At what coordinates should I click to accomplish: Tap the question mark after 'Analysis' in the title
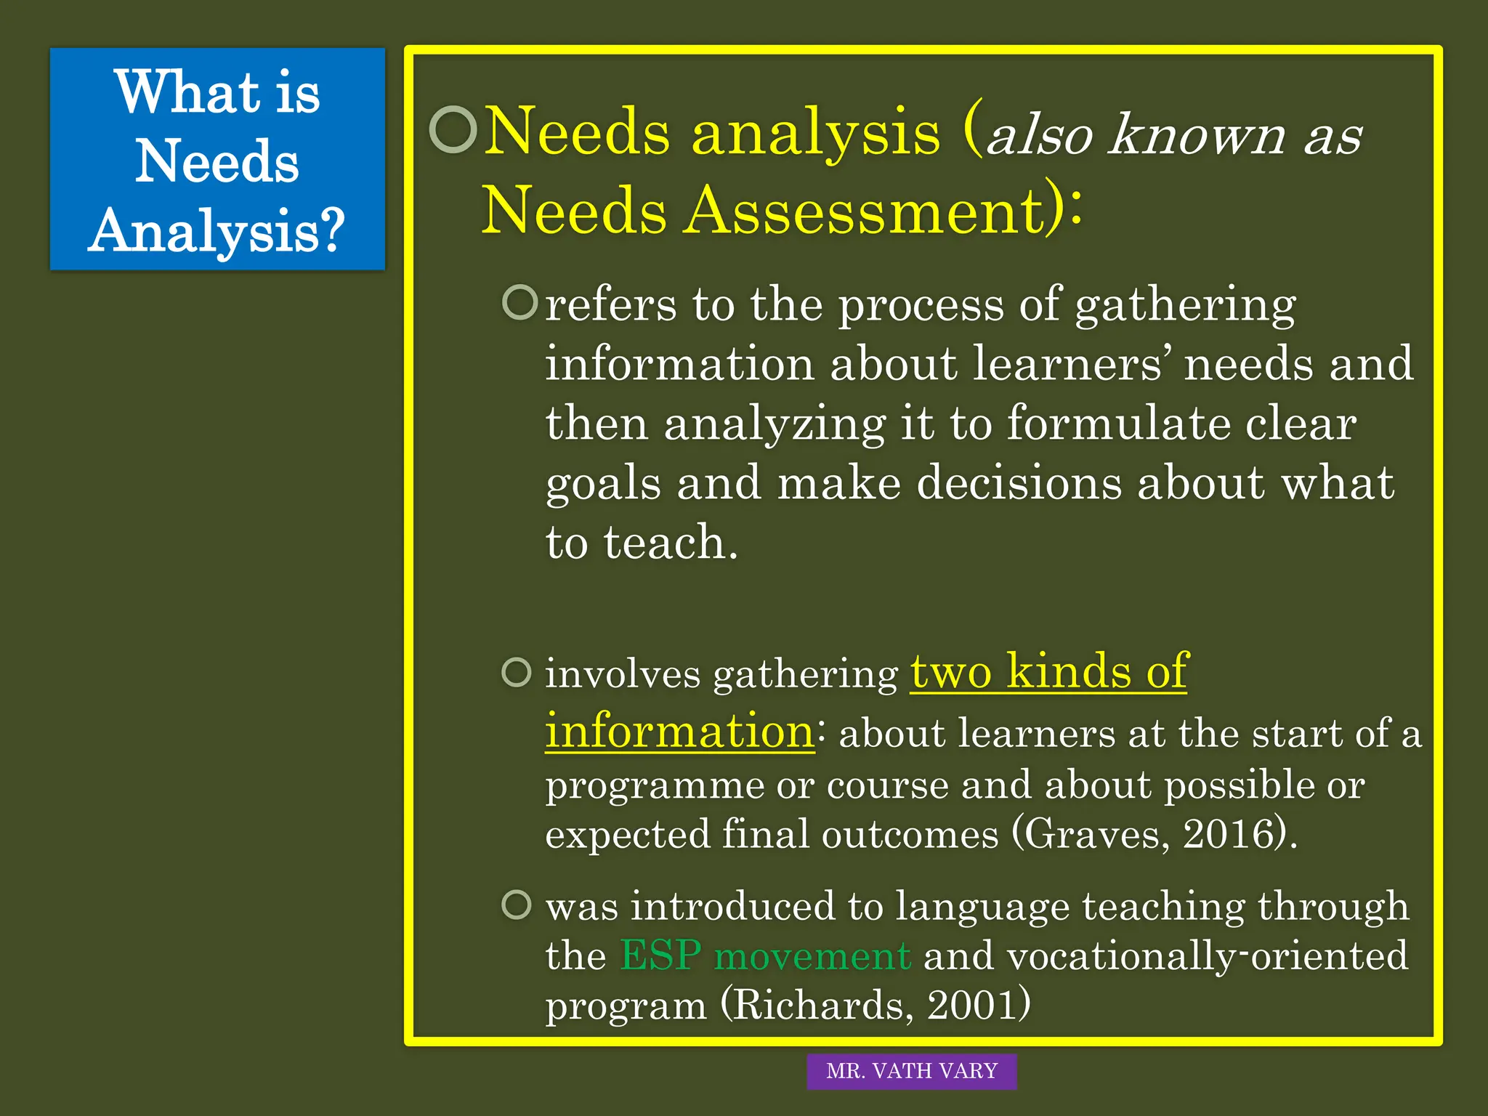(331, 230)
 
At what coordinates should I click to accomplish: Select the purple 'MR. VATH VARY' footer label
(911, 1071)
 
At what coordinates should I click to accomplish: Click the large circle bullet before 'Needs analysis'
(453, 130)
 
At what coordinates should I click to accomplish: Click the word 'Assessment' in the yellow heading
(864, 211)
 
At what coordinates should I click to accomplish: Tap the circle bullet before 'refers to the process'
(520, 302)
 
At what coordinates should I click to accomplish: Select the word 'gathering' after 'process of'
(1185, 304)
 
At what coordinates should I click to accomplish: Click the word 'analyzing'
(774, 424)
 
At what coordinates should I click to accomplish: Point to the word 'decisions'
(1019, 483)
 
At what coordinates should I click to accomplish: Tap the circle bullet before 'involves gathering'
(517, 672)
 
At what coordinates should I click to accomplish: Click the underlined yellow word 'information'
(679, 731)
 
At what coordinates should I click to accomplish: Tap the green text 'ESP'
(660, 955)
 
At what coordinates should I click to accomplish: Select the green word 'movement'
(812, 956)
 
